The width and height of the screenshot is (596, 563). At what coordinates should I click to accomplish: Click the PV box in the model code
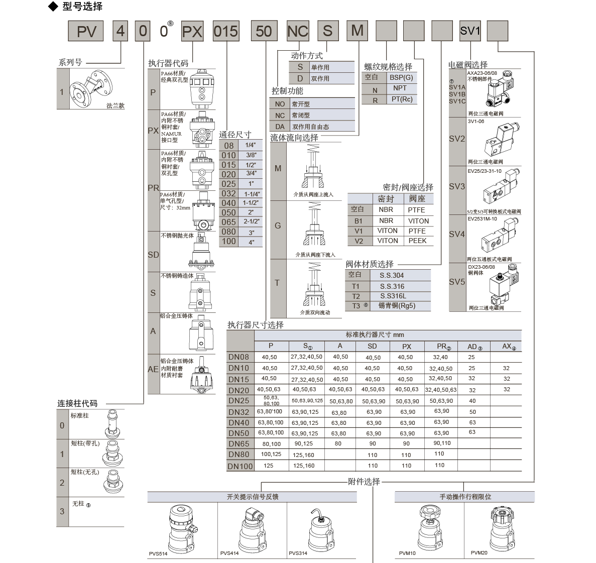[x=86, y=31]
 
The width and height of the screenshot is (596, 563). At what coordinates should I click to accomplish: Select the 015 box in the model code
[x=225, y=31]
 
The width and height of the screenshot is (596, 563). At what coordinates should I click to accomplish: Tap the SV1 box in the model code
[x=470, y=31]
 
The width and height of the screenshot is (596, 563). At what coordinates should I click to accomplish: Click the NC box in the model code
[x=297, y=31]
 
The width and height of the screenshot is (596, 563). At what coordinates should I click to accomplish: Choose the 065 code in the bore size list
[x=228, y=222]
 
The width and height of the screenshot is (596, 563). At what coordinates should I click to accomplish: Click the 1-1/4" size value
[x=252, y=194]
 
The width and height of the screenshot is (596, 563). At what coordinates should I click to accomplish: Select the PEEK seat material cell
[x=417, y=241]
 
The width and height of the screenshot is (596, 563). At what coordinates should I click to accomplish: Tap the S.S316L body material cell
[x=393, y=296]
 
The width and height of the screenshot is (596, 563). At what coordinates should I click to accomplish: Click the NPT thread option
[x=400, y=88]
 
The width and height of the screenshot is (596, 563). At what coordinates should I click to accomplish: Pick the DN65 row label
[x=239, y=443]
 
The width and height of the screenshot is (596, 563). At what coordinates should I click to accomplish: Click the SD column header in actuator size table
[x=372, y=346]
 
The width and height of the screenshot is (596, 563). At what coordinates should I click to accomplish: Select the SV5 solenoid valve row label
[x=457, y=282]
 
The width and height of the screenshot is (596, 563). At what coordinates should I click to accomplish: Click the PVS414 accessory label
[x=229, y=553]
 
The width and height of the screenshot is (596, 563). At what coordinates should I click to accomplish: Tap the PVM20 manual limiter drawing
[x=499, y=527]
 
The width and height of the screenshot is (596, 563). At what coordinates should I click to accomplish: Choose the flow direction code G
[x=278, y=226]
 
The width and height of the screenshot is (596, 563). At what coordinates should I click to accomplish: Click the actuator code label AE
[x=153, y=369]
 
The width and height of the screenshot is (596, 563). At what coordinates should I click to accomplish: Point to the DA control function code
[x=280, y=127]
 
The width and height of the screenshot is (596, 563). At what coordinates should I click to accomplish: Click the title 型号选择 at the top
[x=82, y=7]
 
